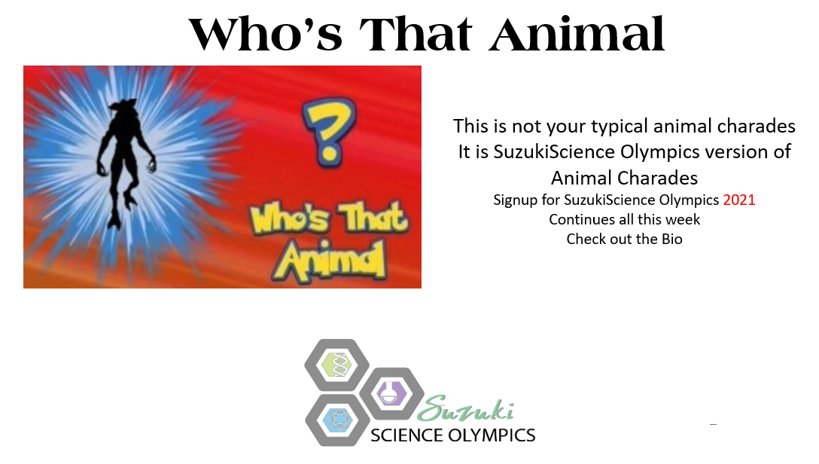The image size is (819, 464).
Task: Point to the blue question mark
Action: click(321, 131)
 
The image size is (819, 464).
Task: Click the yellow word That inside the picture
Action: click(372, 218)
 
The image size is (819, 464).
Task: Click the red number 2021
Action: click(738, 200)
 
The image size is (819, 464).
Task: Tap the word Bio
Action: click(668, 239)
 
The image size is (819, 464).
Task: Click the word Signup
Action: click(517, 200)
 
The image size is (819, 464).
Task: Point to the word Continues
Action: click(583, 219)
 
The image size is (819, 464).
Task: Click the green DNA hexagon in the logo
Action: click(336, 365)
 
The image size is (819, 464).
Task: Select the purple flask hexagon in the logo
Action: click(391, 394)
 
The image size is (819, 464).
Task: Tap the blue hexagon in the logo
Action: click(336, 420)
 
